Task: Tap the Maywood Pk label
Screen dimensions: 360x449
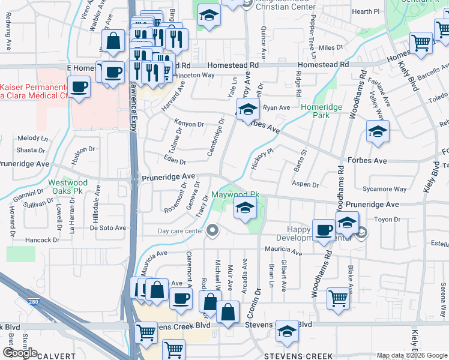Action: pyautogui.click(x=235, y=195)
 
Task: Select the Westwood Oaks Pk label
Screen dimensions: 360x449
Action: pyautogui.click(x=68, y=187)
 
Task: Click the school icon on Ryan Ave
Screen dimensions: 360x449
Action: pyautogui.click(x=246, y=110)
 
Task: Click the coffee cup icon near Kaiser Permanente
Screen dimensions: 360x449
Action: pyautogui.click(x=79, y=87)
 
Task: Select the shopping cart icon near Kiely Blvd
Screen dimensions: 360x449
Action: pyautogui.click(x=421, y=43)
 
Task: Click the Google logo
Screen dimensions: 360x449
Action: pyautogui.click(x=20, y=352)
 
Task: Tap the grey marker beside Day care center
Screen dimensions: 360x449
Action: pyautogui.click(x=212, y=230)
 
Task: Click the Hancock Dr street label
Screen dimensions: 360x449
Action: pyautogui.click(x=43, y=239)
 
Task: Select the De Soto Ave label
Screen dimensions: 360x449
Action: pyautogui.click(x=108, y=227)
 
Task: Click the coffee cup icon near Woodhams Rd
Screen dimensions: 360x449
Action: pyautogui.click(x=324, y=230)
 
